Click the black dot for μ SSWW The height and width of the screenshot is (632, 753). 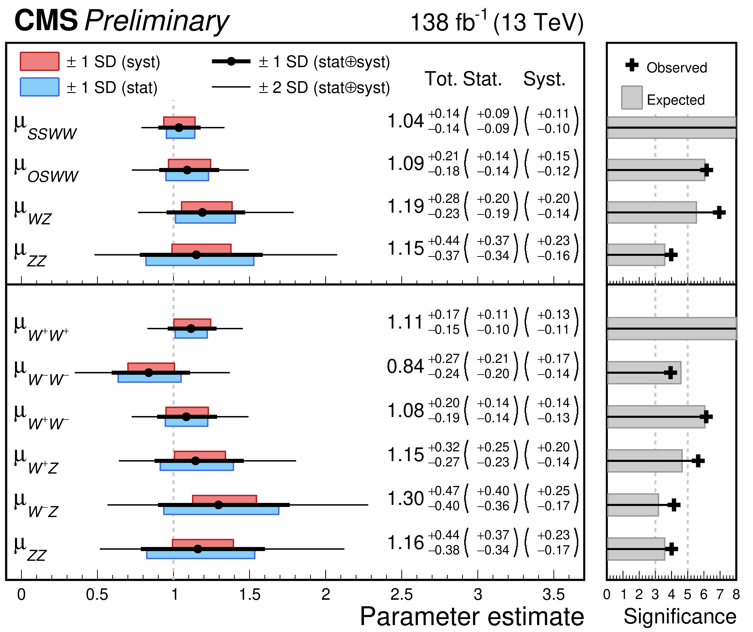pyautogui.click(x=179, y=127)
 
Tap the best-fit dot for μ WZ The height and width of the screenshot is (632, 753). pyautogui.click(x=202, y=212)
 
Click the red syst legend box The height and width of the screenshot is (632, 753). pyautogui.click(x=39, y=61)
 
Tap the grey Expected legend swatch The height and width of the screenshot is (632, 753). pyautogui.click(x=632, y=97)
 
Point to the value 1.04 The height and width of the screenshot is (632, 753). pyautogui.click(x=406, y=121)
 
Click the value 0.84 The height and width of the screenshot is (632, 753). pyautogui.click(x=406, y=366)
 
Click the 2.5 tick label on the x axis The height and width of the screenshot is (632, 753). pyautogui.click(x=402, y=595)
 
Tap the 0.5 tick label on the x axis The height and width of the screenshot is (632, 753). pyautogui.click(x=97, y=595)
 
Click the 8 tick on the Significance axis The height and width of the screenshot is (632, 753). pyautogui.click(x=736, y=595)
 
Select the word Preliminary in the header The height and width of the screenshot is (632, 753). pyautogui.click(x=157, y=21)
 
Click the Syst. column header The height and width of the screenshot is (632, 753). pyautogui.click(x=544, y=79)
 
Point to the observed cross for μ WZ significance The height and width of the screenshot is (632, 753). pyautogui.click(x=719, y=213)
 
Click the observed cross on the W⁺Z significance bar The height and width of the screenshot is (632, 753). pyautogui.click(x=698, y=461)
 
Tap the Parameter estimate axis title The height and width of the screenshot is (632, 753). pyautogui.click(x=472, y=616)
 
